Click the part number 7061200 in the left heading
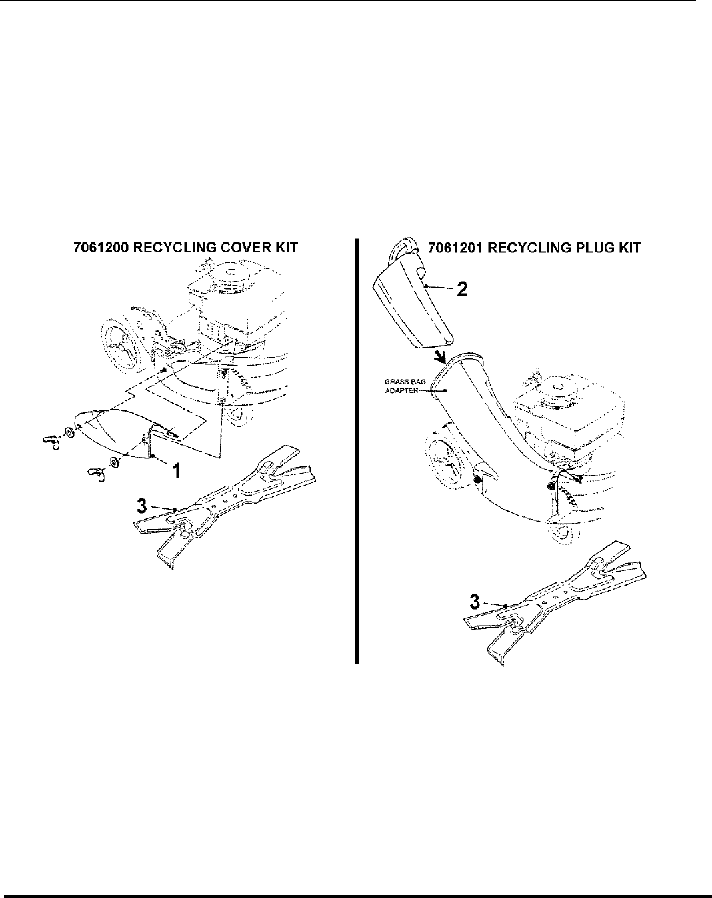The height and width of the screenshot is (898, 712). pyautogui.click(x=100, y=248)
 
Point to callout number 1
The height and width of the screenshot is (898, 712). pyautogui.click(x=176, y=471)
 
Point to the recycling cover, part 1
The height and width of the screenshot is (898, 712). pyautogui.click(x=120, y=437)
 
